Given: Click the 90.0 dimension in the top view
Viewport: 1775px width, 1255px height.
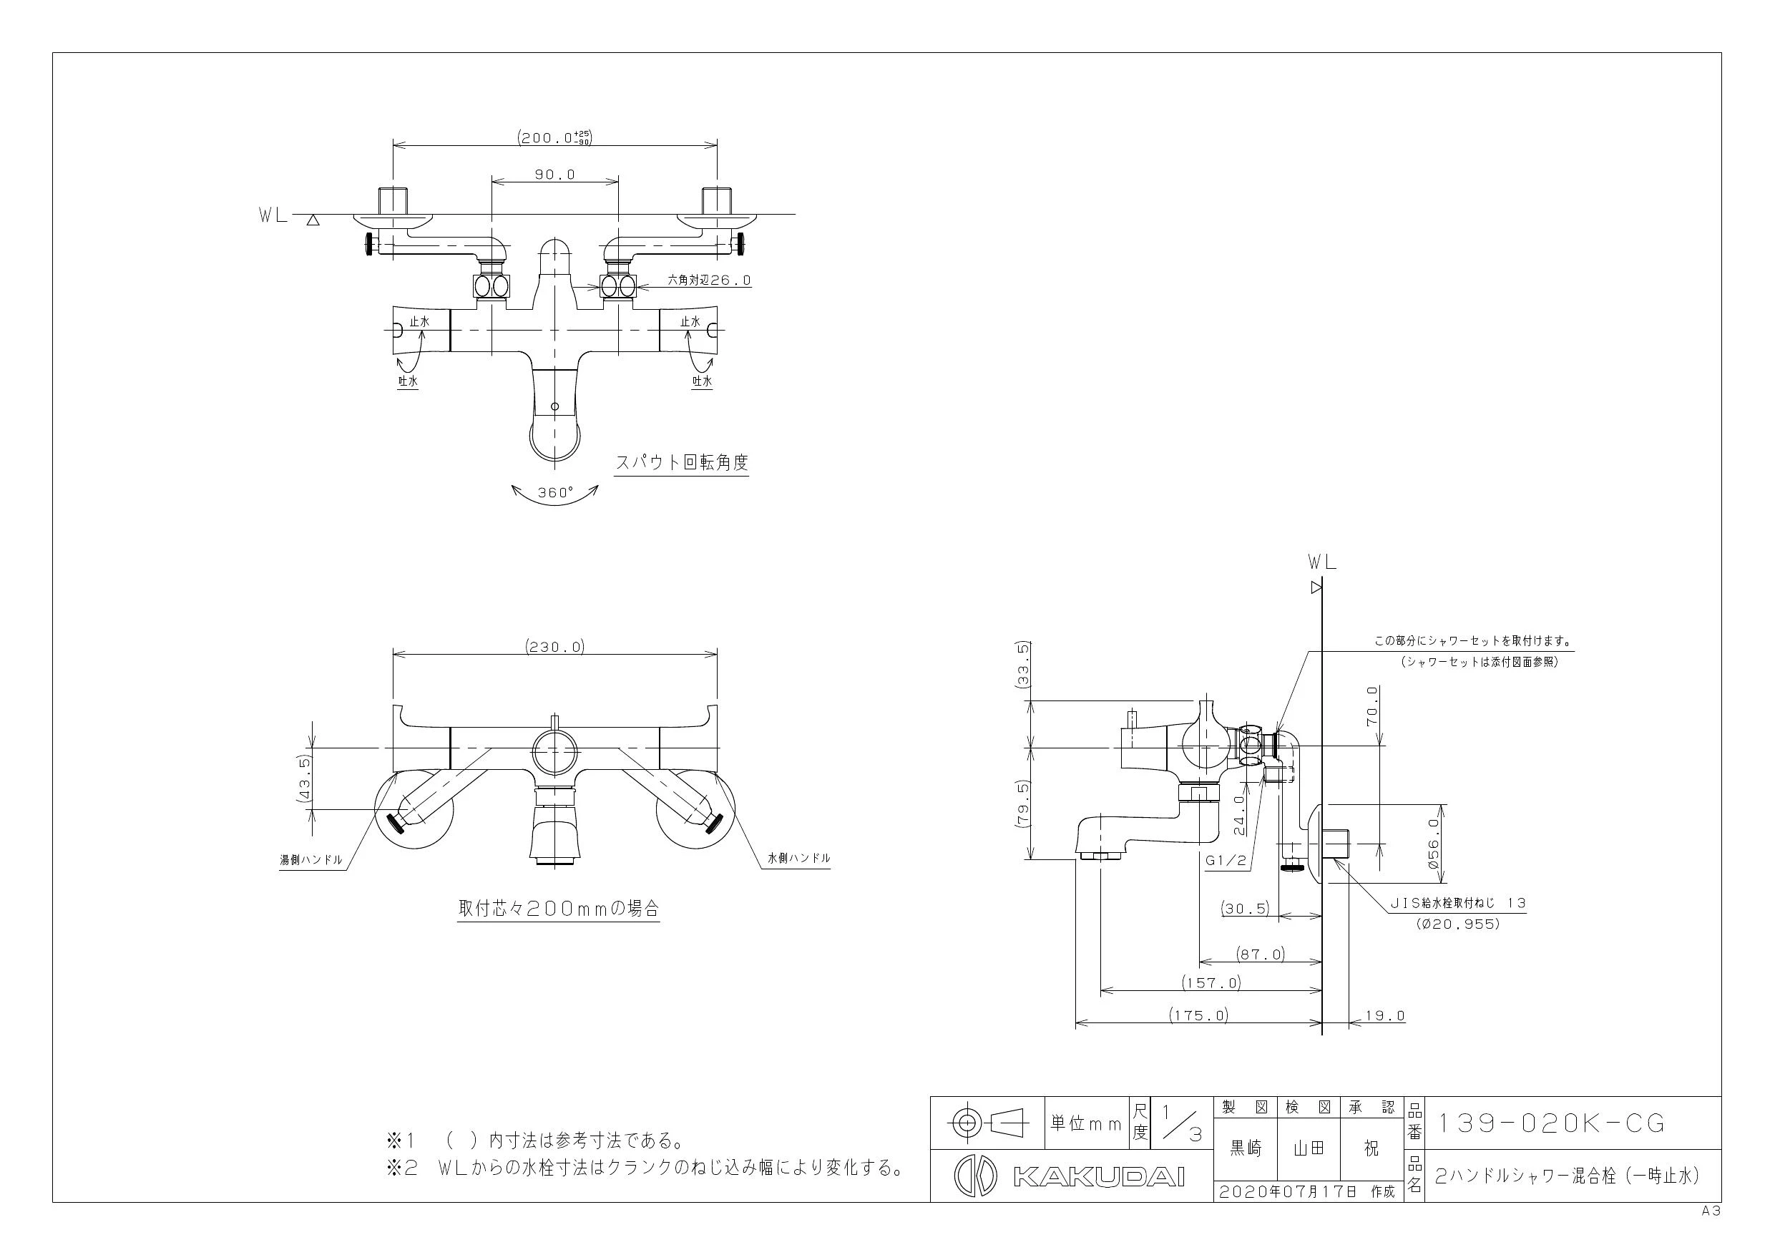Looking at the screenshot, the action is point(555,175).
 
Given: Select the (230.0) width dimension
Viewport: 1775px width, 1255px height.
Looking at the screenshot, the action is point(555,646).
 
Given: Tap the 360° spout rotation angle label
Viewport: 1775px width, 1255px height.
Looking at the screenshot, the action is point(556,492).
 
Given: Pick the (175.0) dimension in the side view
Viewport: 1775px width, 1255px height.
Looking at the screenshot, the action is point(1198,1015).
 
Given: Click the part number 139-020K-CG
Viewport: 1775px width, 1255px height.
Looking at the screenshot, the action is point(1549,1123).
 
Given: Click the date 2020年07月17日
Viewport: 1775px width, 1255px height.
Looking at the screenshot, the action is point(1288,1191).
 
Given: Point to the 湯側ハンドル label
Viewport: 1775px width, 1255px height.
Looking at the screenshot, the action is point(310,859).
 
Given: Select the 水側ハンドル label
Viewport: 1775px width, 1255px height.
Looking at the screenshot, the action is point(798,858).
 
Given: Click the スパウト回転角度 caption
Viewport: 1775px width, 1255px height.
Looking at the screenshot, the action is point(681,462).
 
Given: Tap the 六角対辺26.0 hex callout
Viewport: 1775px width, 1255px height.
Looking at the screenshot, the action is point(709,280).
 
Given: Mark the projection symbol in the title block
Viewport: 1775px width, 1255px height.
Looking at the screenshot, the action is point(988,1122).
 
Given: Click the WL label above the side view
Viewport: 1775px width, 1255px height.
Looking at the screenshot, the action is point(1322,562).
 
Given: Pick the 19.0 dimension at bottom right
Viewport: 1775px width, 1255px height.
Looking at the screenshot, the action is point(1384,1015).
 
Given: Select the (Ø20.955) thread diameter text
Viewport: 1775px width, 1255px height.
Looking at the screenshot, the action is point(1458,923).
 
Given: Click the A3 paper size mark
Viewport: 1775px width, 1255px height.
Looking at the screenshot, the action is point(1711,1211).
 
